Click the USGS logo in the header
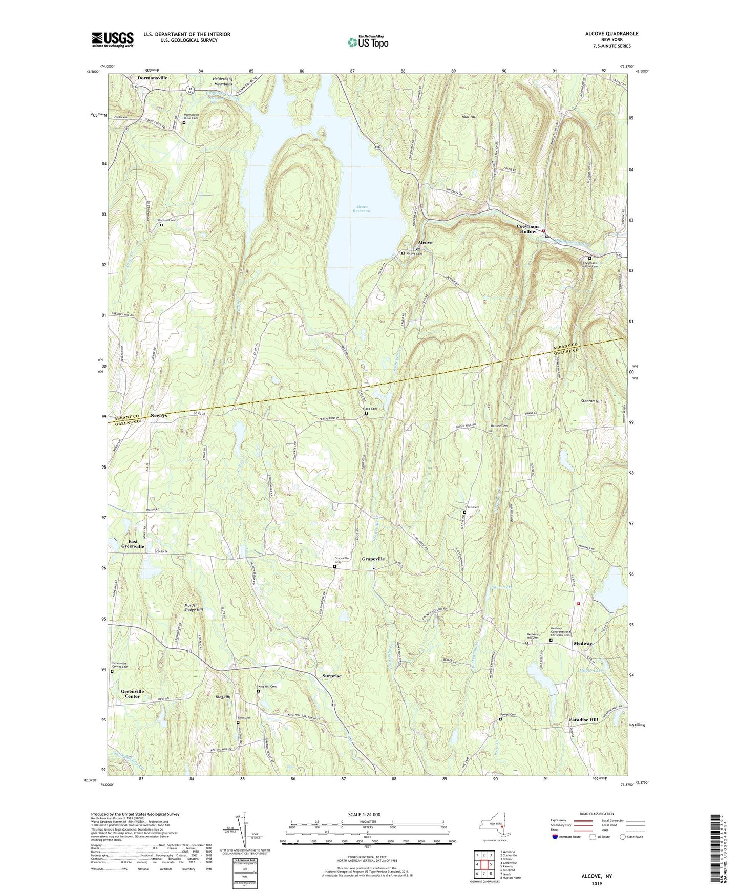(x=113, y=39)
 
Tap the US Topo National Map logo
(x=367, y=42)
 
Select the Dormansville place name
(x=152, y=78)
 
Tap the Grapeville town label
(x=373, y=559)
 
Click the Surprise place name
(x=332, y=676)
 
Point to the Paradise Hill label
(x=583, y=719)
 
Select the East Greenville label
(x=133, y=544)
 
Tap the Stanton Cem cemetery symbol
(x=162, y=225)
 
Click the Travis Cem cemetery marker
(x=465, y=512)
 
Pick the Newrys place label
(x=159, y=415)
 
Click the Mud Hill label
(x=469, y=117)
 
